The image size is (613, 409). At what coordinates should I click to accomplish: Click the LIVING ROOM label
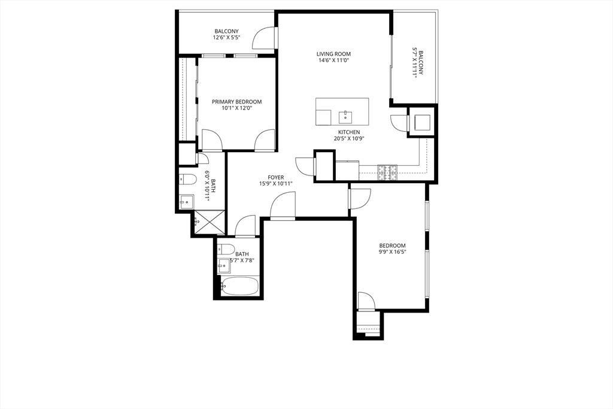pos(333,54)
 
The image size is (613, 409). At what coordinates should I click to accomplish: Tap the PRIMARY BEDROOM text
pos(236,102)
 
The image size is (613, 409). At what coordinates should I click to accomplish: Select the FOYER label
pos(275,177)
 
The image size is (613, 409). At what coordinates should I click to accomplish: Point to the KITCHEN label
pos(349,132)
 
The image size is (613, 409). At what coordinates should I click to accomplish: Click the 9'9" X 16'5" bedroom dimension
pos(393,252)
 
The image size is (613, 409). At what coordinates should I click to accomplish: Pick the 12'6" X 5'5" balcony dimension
pos(226,38)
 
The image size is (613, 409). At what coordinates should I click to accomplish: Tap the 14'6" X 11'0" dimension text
pos(333,60)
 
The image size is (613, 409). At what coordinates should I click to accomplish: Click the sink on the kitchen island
pos(345,117)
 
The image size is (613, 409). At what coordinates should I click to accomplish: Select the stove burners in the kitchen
pos(387,172)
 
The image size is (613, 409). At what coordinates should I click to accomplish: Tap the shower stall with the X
pos(210,222)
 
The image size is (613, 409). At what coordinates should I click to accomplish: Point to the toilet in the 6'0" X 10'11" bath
pos(187,179)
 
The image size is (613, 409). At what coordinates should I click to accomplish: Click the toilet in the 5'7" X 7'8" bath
pos(226,249)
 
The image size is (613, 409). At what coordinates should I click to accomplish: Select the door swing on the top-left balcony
pos(264,38)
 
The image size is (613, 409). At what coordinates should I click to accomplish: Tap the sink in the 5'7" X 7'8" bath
pos(224,266)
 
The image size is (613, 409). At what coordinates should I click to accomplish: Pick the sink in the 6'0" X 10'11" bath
pos(187,202)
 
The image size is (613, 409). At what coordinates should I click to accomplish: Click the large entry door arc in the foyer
pos(283,206)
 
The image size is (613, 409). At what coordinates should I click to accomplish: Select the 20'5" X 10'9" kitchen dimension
pos(349,138)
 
